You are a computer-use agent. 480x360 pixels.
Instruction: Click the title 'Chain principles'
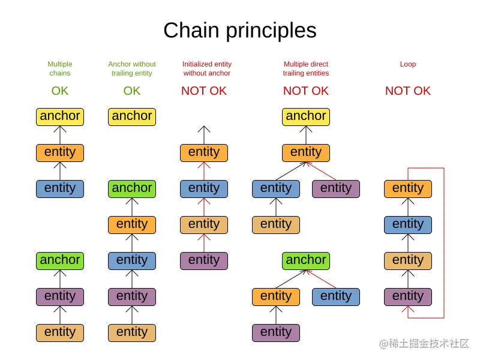(240, 31)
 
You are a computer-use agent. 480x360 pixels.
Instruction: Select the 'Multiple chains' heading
(60, 68)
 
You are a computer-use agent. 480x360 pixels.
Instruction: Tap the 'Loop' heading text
(408, 64)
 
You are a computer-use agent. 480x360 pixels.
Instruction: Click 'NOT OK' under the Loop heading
(408, 91)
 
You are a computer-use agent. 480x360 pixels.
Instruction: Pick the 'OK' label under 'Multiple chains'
(60, 91)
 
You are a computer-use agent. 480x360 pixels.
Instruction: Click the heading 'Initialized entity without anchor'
(207, 68)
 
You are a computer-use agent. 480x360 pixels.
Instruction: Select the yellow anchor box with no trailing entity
(132, 117)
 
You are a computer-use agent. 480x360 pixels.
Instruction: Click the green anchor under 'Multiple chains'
(60, 261)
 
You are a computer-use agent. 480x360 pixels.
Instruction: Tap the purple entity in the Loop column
(408, 297)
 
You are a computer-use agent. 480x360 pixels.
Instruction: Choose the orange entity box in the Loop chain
(408, 189)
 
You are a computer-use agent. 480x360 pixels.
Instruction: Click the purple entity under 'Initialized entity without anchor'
(204, 261)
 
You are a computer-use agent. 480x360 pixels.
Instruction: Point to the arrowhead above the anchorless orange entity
(204, 129)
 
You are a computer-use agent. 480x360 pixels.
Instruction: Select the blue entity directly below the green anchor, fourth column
(336, 297)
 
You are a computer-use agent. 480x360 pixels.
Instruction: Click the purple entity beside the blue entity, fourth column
(336, 189)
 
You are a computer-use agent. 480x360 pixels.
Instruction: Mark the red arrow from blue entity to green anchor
(321, 279)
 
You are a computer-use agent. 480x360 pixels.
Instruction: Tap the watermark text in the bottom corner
(424, 343)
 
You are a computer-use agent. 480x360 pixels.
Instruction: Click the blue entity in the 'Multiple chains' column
(60, 189)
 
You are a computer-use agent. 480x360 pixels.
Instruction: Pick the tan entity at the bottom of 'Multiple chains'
(60, 333)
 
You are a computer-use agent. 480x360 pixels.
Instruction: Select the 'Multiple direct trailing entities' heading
(306, 68)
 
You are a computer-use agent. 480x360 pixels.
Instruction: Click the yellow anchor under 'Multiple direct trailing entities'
(306, 117)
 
